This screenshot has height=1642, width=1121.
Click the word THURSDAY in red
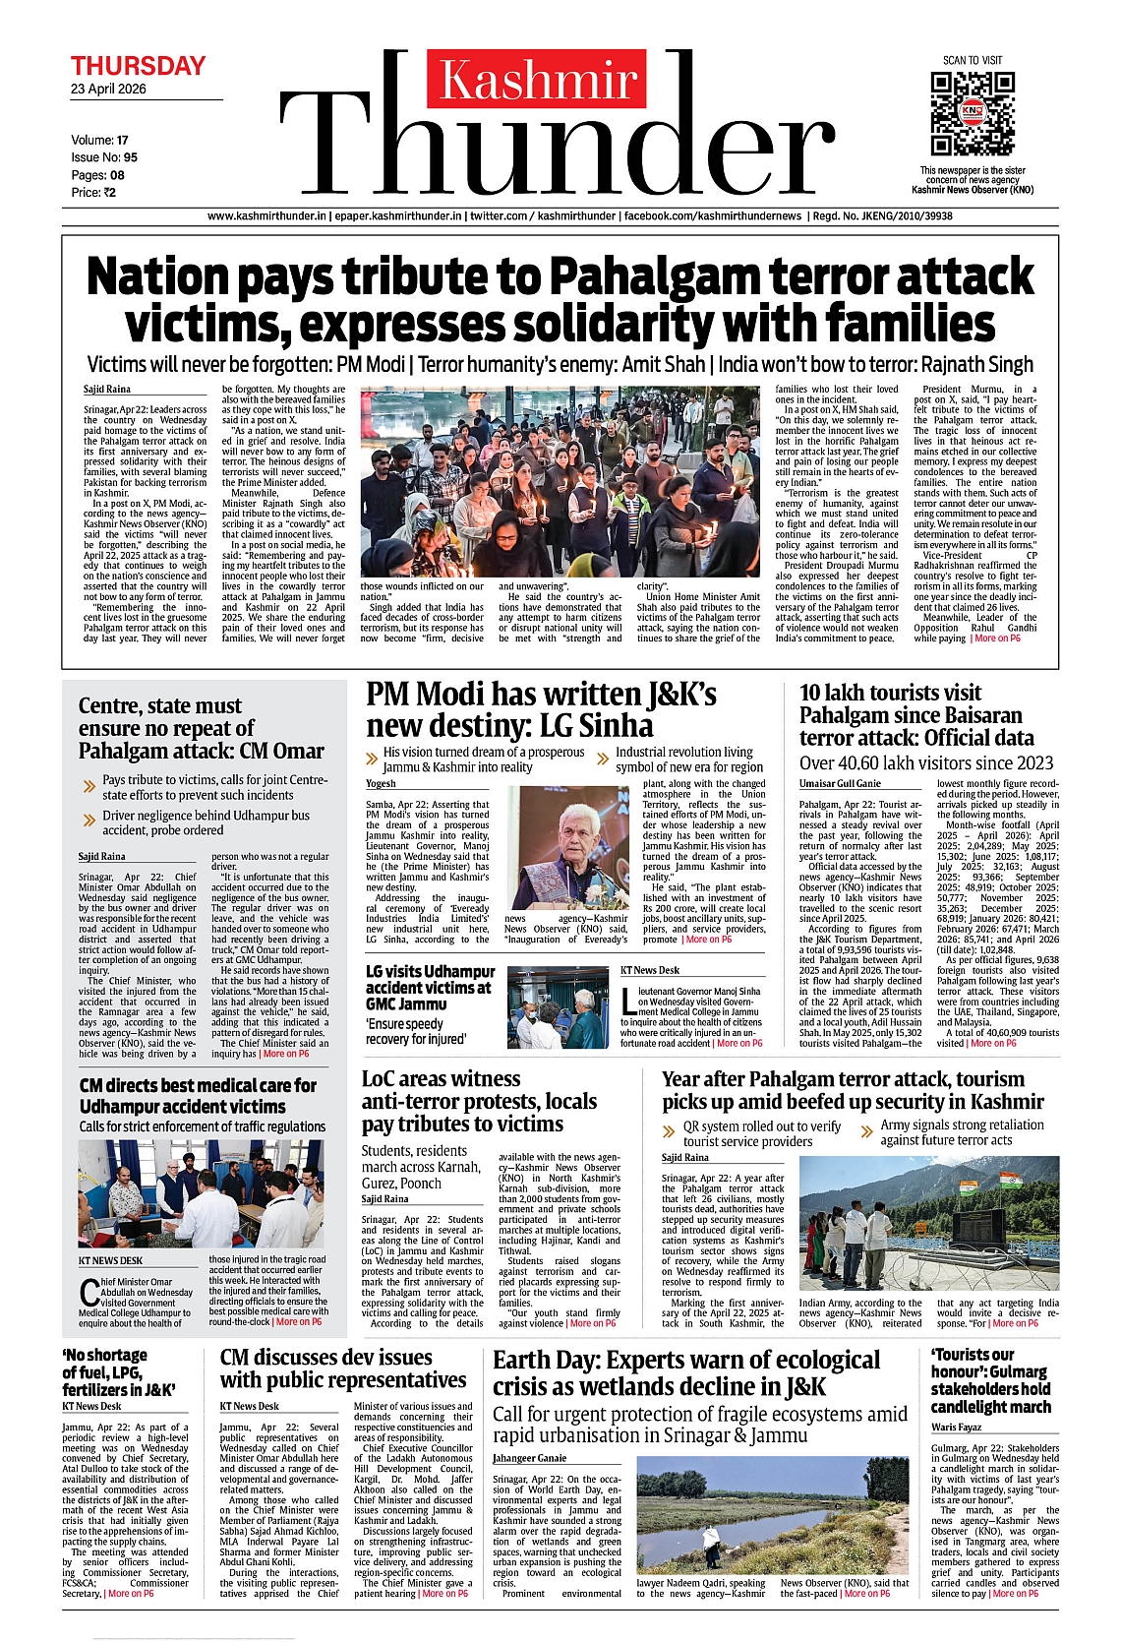click(138, 66)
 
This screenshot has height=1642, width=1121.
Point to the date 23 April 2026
click(108, 90)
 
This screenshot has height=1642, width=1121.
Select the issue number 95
click(131, 157)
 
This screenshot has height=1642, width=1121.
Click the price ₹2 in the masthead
click(107, 193)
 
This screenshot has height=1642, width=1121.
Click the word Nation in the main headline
click(157, 277)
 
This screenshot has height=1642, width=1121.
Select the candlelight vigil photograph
click(560, 481)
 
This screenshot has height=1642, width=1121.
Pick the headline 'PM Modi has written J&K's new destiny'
click(541, 709)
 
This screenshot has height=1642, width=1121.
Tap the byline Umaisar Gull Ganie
click(840, 784)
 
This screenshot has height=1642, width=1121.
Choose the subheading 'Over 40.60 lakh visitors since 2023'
click(925, 763)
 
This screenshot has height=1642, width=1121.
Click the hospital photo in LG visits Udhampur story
click(558, 1007)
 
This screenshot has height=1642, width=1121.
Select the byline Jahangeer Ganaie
click(529, 1458)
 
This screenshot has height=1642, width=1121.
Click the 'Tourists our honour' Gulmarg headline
click(990, 1380)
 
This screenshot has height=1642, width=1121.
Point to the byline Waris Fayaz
click(957, 1427)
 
